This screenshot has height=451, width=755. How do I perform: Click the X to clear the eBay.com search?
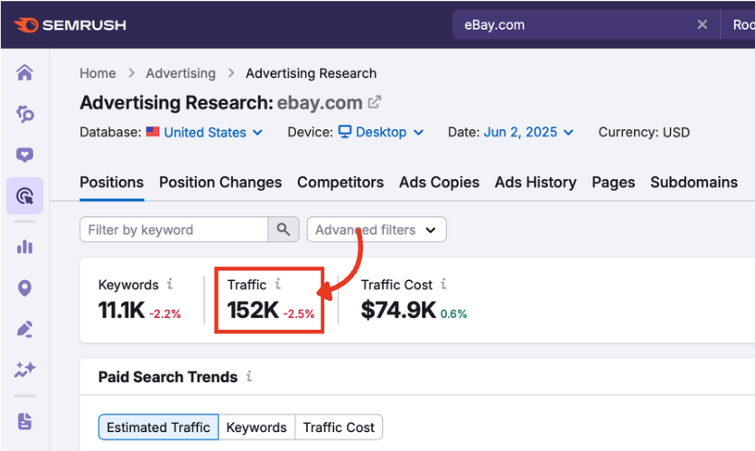pos(702,25)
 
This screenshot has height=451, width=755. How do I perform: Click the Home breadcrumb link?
pos(98,73)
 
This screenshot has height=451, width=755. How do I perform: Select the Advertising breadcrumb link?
pos(181,73)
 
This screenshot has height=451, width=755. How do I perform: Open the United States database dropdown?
pos(212,132)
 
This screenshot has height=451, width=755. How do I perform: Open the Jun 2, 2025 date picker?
pos(528,132)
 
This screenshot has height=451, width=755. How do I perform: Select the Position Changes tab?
pos(220,182)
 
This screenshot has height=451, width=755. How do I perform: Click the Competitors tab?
pos(340,182)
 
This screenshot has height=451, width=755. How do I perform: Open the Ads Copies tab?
pos(439,182)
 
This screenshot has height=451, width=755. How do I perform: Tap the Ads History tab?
pos(536,182)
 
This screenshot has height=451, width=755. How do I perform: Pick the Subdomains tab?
pos(694,182)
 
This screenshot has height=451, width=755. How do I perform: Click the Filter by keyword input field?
pos(174,230)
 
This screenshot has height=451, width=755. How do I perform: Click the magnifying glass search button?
pos(284,230)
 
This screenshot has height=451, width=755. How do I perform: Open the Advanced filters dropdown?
pos(377,230)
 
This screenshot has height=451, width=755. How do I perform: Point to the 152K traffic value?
pos(253,311)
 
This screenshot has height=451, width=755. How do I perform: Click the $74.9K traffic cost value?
pos(398,311)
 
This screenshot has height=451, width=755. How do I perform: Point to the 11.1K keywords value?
pos(121,311)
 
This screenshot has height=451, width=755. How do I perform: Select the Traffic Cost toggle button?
pos(339,428)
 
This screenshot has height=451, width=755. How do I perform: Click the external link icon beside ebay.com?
pos(375,102)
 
